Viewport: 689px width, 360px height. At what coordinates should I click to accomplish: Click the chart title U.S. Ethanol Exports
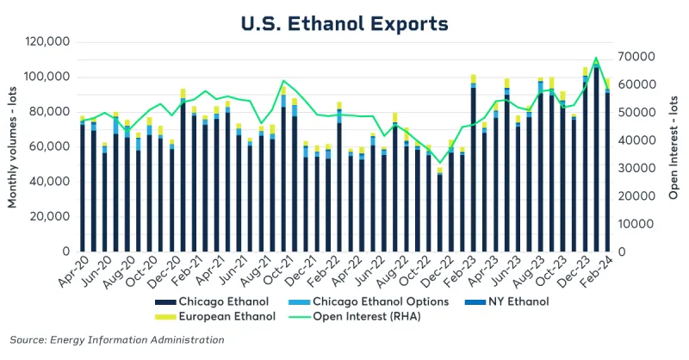(x=344, y=22)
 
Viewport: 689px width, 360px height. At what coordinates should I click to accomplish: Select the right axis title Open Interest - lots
(x=674, y=146)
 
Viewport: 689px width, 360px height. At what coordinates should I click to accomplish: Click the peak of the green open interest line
(x=596, y=58)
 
